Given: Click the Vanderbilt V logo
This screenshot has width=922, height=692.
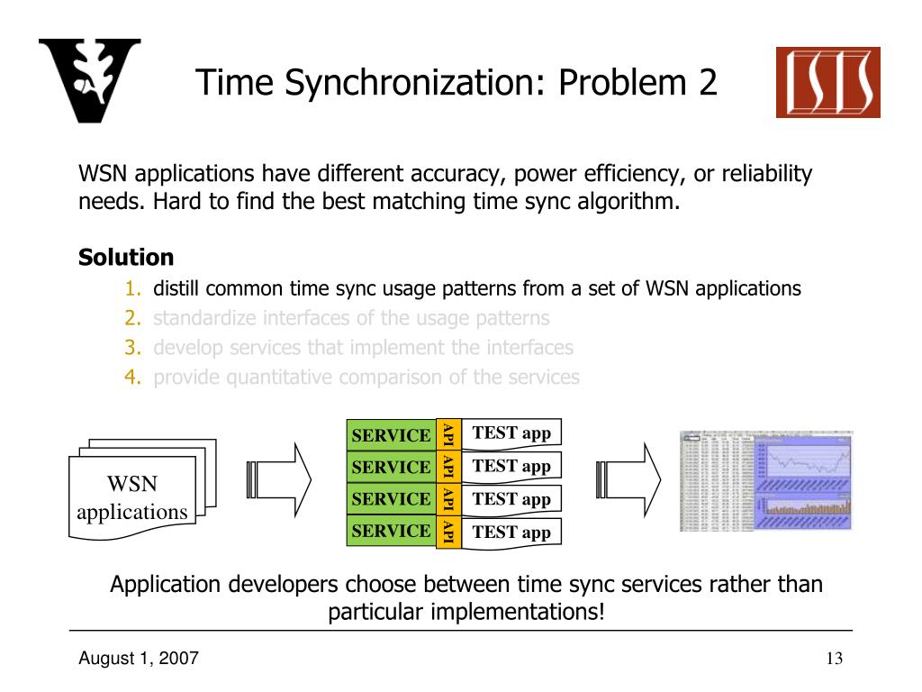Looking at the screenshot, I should click(90, 81).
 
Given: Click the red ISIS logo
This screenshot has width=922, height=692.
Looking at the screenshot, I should click(828, 83).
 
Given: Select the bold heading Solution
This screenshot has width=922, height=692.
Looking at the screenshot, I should click(126, 258).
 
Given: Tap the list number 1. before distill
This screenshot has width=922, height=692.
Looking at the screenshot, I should click(133, 289).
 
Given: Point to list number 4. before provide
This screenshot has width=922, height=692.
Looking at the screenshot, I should click(133, 377).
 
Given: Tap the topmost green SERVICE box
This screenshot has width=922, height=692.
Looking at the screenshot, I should click(391, 435).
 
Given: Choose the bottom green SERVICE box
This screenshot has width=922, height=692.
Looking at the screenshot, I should click(391, 531).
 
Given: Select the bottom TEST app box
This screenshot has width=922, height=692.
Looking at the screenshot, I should click(511, 532).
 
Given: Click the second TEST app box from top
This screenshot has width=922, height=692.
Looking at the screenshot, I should click(511, 466).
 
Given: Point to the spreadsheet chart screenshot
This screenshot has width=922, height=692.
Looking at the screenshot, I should click(765, 480).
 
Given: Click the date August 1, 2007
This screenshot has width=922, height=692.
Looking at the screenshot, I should click(139, 659).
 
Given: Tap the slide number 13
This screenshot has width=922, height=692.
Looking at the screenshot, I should click(833, 659).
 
